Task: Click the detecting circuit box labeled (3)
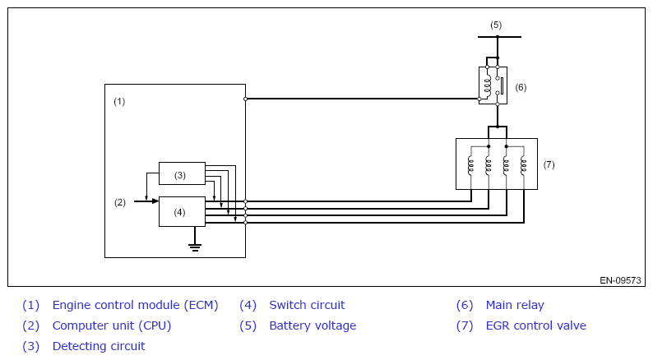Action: point(182,174)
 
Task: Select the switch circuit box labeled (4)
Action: point(182,211)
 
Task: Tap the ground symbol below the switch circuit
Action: point(195,245)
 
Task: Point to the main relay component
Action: point(493,85)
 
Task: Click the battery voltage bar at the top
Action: point(499,37)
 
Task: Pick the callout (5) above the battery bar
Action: point(496,25)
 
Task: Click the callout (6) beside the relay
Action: point(521,87)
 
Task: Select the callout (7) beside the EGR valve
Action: point(549,164)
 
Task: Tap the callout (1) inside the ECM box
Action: point(119,101)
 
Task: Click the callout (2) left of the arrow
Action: point(119,201)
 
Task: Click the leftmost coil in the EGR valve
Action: point(470,165)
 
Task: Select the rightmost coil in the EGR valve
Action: point(524,165)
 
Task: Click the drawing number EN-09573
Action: point(620,280)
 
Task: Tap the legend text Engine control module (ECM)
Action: point(135,305)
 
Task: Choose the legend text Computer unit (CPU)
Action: point(112,325)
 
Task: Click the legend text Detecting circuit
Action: point(99,346)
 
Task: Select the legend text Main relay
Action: point(515,305)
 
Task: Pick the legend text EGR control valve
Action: point(535,325)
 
